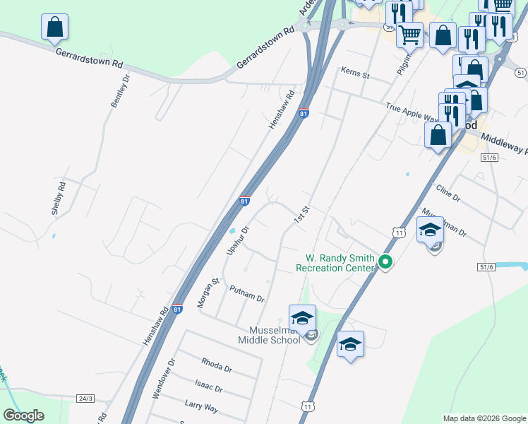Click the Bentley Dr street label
121,91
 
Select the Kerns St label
355,71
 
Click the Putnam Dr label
246,293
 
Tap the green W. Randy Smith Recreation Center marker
385,262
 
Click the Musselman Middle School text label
274,334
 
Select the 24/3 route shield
85,399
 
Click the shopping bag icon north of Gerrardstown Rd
54,29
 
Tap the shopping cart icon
409,35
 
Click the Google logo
23,416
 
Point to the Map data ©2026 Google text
484,418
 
